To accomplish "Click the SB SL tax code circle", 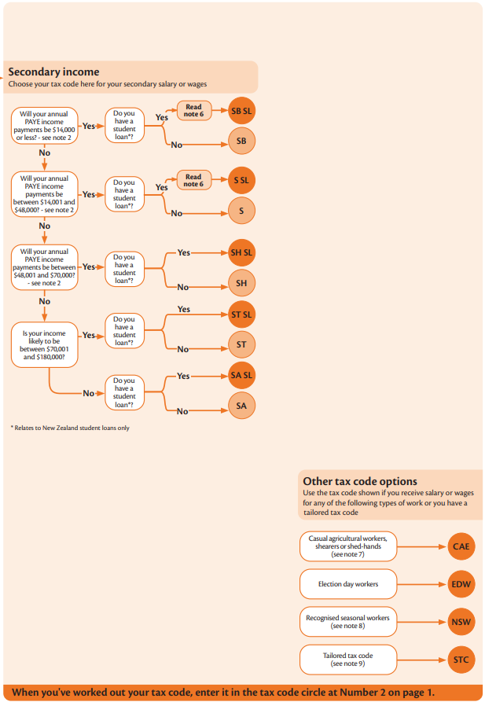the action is tap(241, 111).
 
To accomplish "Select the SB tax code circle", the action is tap(241, 141).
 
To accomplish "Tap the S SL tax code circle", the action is tap(241, 181).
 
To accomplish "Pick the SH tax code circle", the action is tap(241, 283).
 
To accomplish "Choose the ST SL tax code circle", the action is tap(241, 314).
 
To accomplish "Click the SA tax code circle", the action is tap(241, 406).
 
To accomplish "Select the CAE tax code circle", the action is tap(461, 546).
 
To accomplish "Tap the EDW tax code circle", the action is tap(461, 584).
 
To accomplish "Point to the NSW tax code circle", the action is tap(461, 622).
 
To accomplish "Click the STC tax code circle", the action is tap(461, 660).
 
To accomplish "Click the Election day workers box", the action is tap(348, 584).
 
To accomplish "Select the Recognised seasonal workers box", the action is tap(348, 622).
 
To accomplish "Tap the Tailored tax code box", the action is tap(348, 660).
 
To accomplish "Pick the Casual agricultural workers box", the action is tap(348, 546).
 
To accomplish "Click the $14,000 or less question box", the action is tap(44, 126).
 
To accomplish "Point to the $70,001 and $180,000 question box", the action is tap(44, 345).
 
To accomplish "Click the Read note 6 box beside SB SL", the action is tap(194, 111).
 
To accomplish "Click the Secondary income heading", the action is tap(53, 72).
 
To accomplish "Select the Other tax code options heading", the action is tap(360, 481).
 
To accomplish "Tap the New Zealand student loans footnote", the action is tap(70, 428).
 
